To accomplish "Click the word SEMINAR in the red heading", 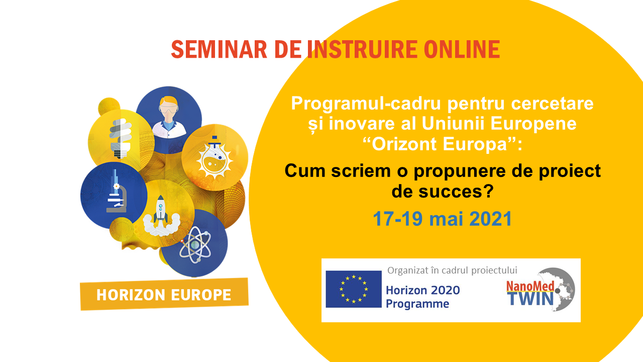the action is (x=219, y=49).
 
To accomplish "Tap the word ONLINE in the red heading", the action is (x=462, y=49).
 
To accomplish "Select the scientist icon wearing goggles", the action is (x=169, y=117).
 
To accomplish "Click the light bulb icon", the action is (x=121, y=138).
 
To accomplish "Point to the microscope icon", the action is (x=116, y=191).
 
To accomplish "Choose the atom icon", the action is (x=195, y=244).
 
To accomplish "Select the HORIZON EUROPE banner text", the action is (x=164, y=295).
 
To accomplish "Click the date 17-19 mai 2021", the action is (x=443, y=219).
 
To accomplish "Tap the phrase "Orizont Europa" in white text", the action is (x=439, y=144).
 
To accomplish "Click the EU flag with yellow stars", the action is (x=354, y=289).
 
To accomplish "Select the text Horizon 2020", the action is (x=423, y=290).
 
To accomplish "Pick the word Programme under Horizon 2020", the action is (x=417, y=304).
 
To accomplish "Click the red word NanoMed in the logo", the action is (x=530, y=286).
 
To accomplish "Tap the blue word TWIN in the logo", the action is (x=530, y=299).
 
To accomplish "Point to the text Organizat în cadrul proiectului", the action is (x=452, y=270).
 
